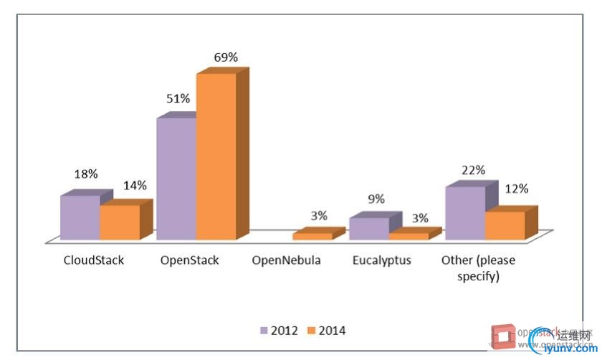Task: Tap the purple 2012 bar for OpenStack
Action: [176, 179]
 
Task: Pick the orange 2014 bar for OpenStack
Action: [216, 157]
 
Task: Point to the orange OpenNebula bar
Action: [312, 236]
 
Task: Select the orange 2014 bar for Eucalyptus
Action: [408, 236]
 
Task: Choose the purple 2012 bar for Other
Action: [465, 213]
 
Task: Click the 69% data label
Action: [226, 57]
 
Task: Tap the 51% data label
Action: [178, 100]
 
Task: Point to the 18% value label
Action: [86, 174]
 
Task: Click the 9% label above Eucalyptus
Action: [376, 199]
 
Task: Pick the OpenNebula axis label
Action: [286, 260]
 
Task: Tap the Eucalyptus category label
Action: [382, 260]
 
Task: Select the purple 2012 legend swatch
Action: [264, 331]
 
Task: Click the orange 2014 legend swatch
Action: [311, 331]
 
